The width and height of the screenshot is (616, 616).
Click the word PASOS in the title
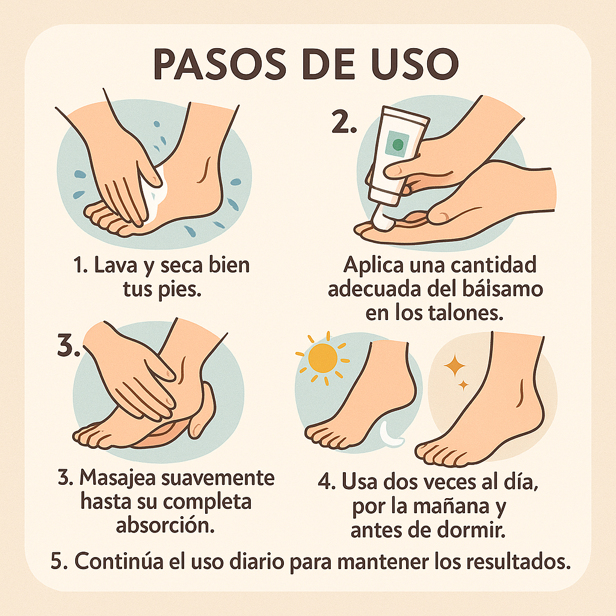[220, 64]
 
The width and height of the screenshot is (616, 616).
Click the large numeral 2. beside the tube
[344, 122]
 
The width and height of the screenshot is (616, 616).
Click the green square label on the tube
[397, 144]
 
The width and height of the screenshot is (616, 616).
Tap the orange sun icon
[322, 358]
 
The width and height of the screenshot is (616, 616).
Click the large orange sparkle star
[454, 365]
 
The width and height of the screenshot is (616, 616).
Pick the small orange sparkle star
[464, 385]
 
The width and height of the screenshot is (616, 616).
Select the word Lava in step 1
[115, 265]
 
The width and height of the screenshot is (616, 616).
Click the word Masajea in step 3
[117, 479]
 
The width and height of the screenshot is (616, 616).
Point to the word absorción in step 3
[165, 525]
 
